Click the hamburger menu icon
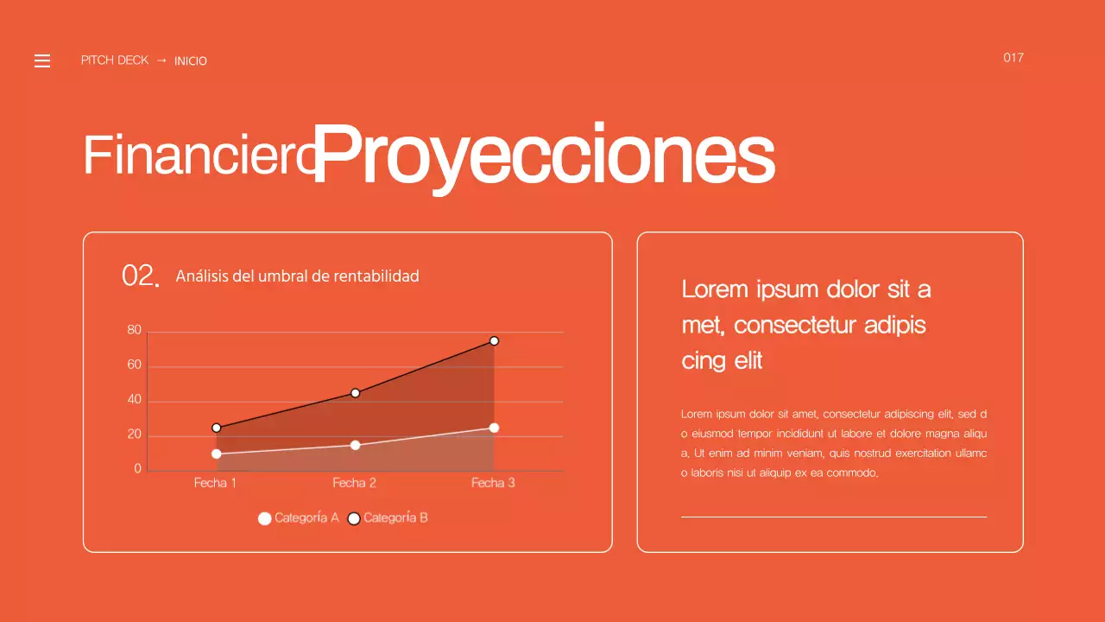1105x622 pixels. (42, 60)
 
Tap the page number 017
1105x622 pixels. (1013, 58)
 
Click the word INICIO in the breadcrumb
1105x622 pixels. (191, 61)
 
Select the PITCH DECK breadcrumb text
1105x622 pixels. (115, 60)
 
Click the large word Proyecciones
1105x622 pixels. (544, 155)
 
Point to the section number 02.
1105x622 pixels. (141, 276)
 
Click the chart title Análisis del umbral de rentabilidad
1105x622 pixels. (297, 276)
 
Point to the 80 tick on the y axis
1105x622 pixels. (134, 330)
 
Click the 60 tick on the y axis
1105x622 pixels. (134, 365)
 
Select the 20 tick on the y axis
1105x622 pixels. (134, 435)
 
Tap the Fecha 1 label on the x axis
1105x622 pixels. (215, 483)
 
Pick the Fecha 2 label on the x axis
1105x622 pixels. (354, 483)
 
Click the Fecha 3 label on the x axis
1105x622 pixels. (493, 483)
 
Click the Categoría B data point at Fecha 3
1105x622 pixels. (494, 341)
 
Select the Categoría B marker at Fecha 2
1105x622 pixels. (355, 393)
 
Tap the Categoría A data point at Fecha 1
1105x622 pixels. (216, 454)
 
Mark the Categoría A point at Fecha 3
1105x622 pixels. (494, 428)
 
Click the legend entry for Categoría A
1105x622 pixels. (299, 518)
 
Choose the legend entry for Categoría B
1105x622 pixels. (388, 518)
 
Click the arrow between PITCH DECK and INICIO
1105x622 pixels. (161, 60)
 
